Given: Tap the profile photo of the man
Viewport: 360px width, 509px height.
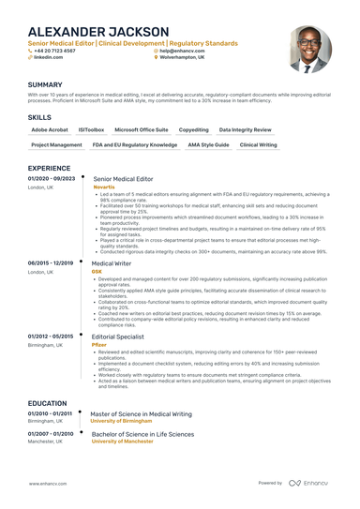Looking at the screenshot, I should pos(309,49).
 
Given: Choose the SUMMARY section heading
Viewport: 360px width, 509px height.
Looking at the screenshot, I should pos(45,84).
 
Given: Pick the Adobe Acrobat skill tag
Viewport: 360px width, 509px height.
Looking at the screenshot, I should pos(49,129).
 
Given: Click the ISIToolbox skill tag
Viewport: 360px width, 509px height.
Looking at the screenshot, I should pos(91,129).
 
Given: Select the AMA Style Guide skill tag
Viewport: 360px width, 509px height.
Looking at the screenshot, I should pos(208,145).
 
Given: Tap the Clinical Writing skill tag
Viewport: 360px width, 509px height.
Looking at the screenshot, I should pos(258,145).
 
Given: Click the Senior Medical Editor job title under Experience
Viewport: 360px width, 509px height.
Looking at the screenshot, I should pos(123,178).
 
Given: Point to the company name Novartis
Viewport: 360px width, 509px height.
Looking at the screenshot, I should pos(105,187).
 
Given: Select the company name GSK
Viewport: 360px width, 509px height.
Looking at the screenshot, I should pos(97,271).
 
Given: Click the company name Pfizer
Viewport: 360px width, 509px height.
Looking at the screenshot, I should pos(99,345).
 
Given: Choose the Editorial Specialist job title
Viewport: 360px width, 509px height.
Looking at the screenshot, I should pos(117,337).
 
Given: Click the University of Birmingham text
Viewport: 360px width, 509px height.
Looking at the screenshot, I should pos(127,421).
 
